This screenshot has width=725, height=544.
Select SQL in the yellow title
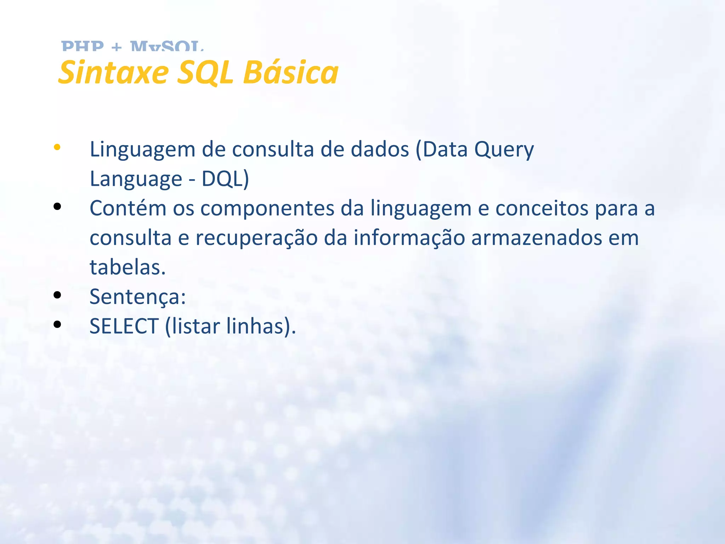205,73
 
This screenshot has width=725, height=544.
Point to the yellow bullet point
57,147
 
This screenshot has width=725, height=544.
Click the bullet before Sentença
57,295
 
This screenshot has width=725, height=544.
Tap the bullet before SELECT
57,324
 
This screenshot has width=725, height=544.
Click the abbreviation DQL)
225,179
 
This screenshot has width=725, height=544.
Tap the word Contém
128,208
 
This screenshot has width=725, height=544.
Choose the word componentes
267,209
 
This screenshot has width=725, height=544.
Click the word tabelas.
127,267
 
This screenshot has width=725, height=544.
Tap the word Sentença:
137,297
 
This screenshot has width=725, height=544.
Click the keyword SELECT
124,326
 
